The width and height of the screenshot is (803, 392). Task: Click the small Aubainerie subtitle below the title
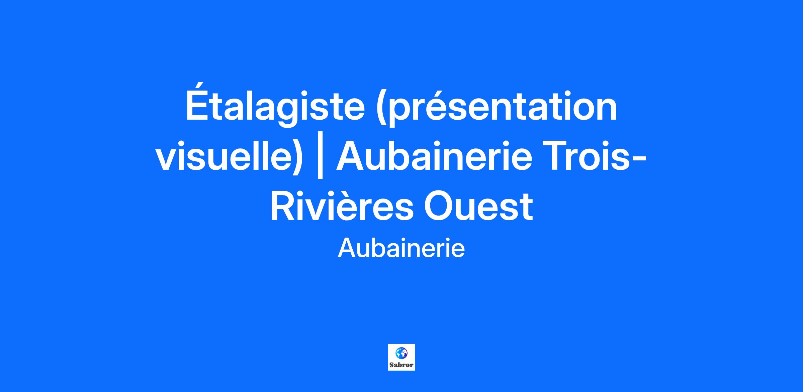click(401, 249)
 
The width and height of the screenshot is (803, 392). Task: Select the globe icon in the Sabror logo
click(401, 353)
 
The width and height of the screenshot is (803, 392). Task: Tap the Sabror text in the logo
click(401, 365)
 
